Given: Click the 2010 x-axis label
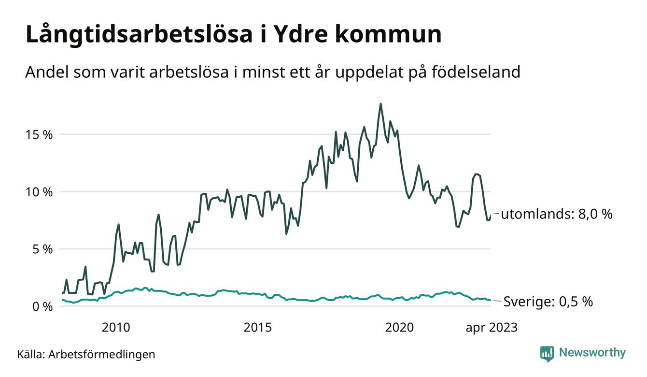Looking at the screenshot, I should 116,328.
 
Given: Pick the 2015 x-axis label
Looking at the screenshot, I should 258,328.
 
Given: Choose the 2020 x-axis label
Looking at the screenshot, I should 399,328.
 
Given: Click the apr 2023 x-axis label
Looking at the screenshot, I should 491,328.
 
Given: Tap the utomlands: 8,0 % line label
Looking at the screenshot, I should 556,214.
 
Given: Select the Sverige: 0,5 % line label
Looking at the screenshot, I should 548,302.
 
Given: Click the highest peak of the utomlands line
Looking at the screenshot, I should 380,103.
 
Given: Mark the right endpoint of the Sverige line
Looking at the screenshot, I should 491,301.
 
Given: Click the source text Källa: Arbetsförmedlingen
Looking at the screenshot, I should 86,354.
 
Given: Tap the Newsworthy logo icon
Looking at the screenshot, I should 547,353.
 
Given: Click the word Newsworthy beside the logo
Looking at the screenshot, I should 592,353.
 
